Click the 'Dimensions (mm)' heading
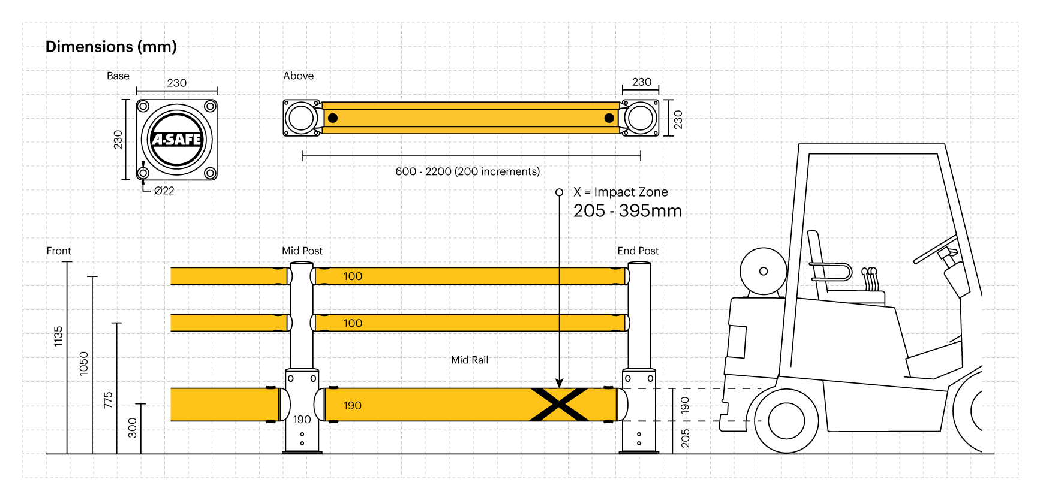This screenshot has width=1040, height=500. point(111,47)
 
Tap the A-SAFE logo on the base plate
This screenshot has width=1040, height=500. point(176,140)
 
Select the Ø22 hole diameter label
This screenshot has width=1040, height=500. point(164,191)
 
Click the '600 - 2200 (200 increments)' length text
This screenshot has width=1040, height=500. point(467,171)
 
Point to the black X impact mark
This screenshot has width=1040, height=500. point(558,405)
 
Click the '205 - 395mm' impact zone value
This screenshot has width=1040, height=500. point(627,211)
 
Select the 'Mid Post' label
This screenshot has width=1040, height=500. point(302,251)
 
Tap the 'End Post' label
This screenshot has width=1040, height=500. point(638,251)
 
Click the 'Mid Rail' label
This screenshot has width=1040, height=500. point(470,360)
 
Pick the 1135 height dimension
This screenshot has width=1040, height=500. point(58,336)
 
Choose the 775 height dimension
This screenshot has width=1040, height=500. point(108,400)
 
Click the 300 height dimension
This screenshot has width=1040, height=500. point(133,427)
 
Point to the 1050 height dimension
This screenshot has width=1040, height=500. point(83,363)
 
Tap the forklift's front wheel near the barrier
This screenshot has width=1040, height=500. point(786,421)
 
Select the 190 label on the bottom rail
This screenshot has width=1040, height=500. point(353,406)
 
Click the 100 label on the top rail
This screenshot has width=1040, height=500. point(353,276)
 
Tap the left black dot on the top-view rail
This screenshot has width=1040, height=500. point(333,118)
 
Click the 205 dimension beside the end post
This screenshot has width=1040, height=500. point(685,438)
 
